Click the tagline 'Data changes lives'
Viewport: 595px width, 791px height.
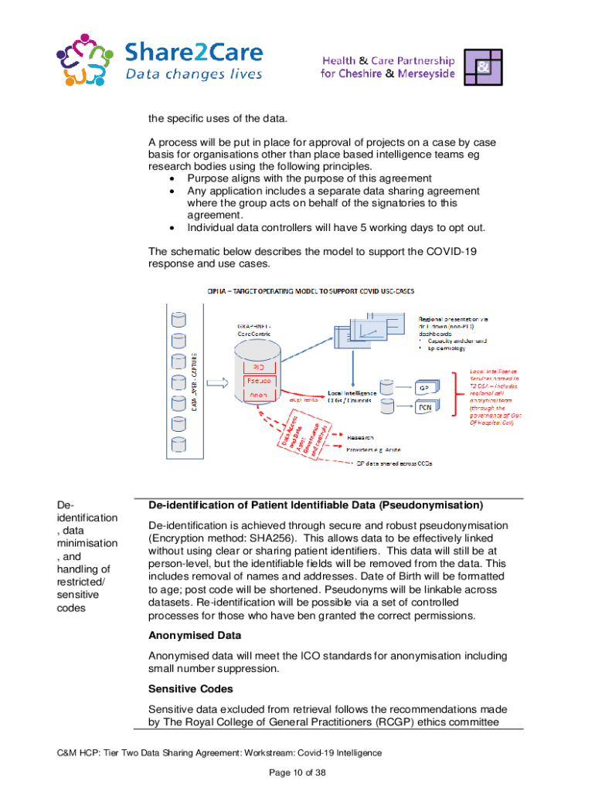coord(194,75)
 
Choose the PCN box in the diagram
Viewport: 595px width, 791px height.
coord(424,407)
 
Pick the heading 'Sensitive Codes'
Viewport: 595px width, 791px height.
coord(190,687)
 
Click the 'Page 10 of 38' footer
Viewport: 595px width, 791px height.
coord(297,772)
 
